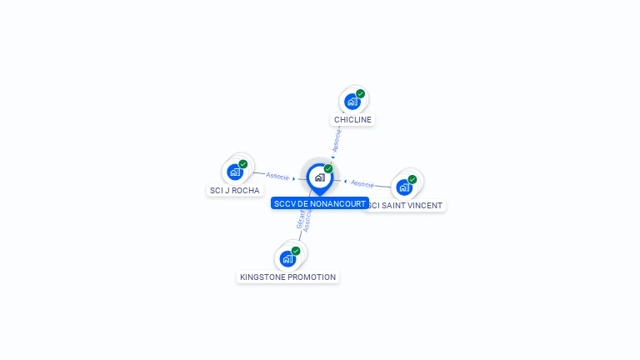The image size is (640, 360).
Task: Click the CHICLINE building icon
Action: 352,102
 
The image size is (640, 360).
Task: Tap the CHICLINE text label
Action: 352,120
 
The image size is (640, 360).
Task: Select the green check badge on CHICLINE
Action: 360,94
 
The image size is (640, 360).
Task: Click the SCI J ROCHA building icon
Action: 235,172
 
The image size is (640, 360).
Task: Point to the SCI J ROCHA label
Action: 235,190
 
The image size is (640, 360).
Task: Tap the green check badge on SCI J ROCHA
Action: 242,164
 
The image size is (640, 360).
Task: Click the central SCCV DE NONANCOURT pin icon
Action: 319,177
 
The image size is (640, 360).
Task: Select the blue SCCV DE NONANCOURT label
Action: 319,203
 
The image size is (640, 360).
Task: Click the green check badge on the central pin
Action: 328,169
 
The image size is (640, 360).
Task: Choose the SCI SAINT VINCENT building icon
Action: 404,187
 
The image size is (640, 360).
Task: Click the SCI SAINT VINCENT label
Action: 407,205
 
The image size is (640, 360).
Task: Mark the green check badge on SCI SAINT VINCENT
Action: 412,179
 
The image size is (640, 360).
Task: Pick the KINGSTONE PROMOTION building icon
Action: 287,258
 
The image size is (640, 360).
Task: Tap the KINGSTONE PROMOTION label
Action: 287,277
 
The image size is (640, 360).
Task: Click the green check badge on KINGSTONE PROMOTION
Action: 296,251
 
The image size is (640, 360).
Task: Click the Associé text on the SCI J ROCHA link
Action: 277,176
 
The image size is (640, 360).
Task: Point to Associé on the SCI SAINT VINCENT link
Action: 362,182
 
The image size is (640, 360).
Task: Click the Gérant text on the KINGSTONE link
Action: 300,219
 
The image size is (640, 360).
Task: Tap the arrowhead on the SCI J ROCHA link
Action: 294,177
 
